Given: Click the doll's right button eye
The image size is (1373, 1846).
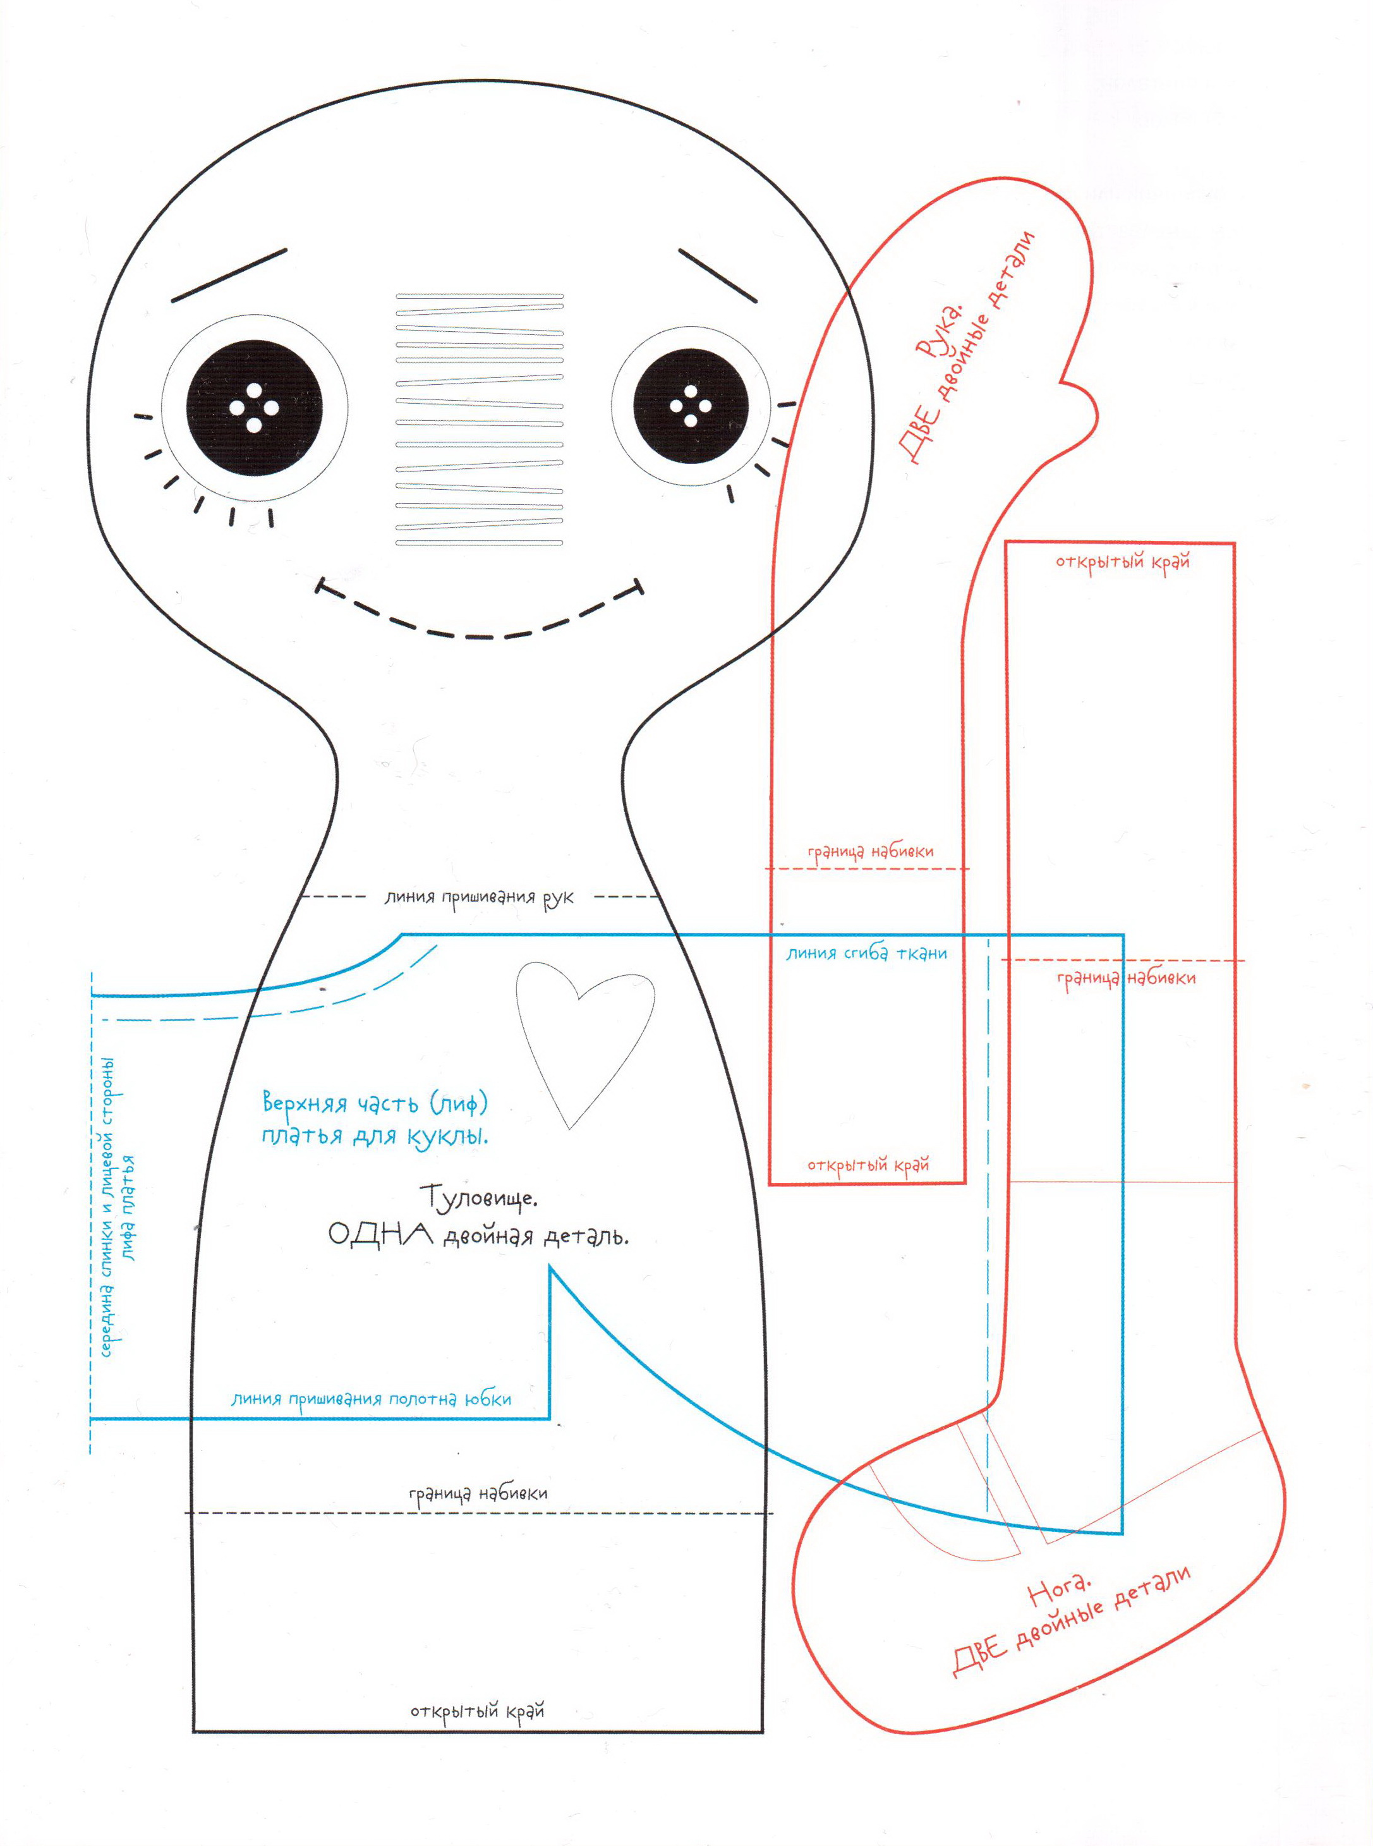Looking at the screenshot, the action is (691, 407).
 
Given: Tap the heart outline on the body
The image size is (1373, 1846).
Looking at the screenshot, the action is (585, 1043).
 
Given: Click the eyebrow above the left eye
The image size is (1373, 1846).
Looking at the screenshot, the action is (229, 274).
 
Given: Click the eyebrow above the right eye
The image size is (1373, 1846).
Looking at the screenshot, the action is (718, 275).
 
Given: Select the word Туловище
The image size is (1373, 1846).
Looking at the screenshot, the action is (479, 1198).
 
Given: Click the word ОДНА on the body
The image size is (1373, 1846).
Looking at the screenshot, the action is (380, 1234).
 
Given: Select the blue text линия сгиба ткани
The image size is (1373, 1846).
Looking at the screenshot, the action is (867, 954).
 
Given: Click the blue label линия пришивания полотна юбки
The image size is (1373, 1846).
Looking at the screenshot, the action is (371, 1399).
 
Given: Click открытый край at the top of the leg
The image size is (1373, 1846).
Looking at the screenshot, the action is (1123, 562).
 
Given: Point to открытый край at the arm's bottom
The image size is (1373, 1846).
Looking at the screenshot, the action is (868, 1165).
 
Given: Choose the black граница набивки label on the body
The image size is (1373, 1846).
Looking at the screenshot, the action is (478, 1493).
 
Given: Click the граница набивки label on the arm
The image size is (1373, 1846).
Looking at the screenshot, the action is (870, 852).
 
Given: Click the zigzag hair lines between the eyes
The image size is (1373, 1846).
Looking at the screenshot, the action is (480, 420).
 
